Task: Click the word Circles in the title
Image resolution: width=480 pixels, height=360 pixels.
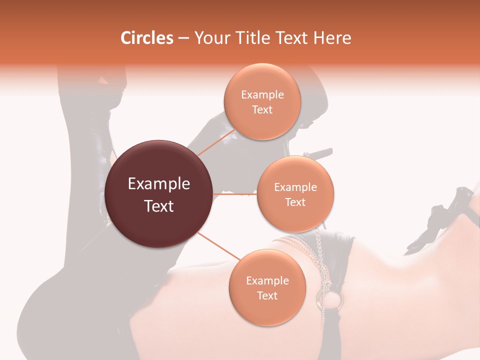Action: pyautogui.click(x=146, y=38)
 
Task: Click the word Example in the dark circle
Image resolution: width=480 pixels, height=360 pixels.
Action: pyautogui.click(x=159, y=184)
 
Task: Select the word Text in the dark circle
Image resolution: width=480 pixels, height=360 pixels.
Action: pyautogui.click(x=159, y=206)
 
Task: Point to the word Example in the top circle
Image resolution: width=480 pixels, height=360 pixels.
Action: pyautogui.click(x=262, y=95)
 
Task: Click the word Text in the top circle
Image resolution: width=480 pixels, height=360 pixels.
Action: pyautogui.click(x=262, y=110)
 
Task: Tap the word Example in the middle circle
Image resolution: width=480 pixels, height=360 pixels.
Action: pyautogui.click(x=295, y=187)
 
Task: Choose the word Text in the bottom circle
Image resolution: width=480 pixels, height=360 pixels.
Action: pyautogui.click(x=267, y=295)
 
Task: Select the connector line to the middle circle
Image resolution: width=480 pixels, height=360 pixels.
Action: pyautogui.click(x=235, y=194)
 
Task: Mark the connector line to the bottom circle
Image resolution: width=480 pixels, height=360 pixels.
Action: pyautogui.click(x=218, y=245)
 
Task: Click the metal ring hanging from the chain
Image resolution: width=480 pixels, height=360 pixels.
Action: pyautogui.click(x=333, y=299)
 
